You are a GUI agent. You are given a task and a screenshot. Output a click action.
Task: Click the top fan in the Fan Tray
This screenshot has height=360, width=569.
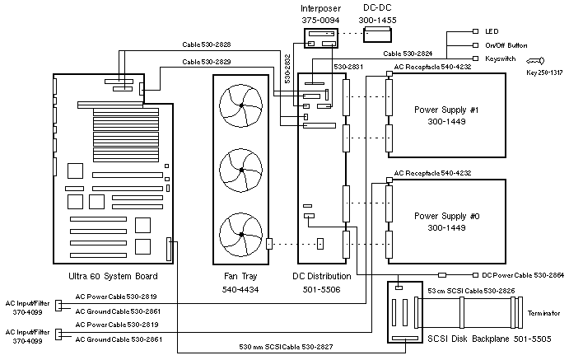pos(240,107)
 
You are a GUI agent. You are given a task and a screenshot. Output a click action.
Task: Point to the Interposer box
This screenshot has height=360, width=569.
pos(319,36)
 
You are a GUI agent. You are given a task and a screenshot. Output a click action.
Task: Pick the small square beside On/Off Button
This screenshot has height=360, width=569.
pos(475,46)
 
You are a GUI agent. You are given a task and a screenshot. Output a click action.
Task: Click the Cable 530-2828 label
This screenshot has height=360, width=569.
pos(207,44)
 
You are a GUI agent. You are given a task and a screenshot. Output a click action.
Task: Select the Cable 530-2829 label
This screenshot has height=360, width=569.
pos(207,62)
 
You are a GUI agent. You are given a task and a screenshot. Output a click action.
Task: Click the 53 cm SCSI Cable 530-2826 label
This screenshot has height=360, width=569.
pos(467,291)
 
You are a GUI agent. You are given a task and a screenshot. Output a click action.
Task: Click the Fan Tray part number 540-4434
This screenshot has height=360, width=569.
pos(240,290)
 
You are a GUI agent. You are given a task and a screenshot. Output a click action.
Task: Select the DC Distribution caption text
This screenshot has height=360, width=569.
pos(322,276)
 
